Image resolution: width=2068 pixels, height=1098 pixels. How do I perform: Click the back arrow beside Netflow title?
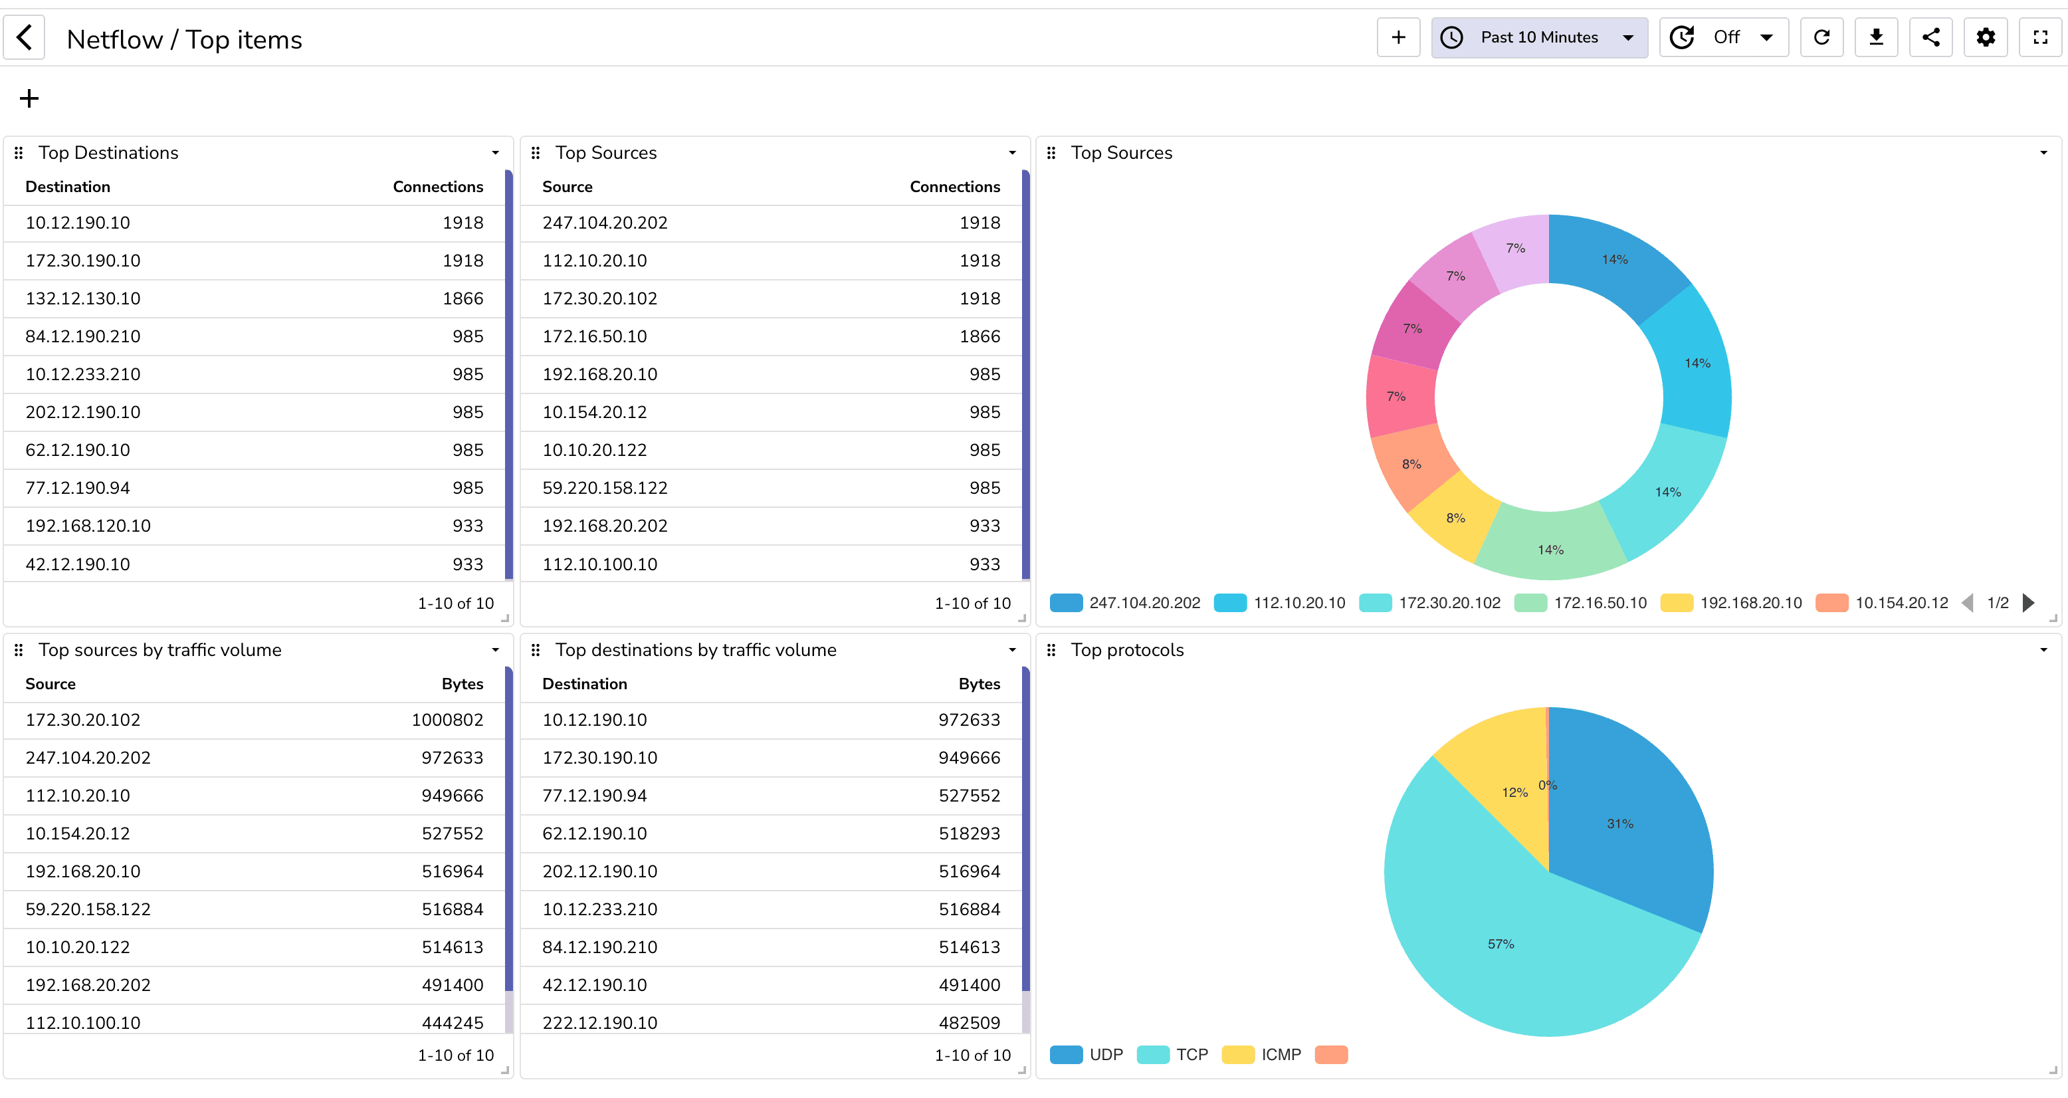(x=24, y=38)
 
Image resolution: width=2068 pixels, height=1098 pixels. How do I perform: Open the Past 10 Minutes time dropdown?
(x=1538, y=38)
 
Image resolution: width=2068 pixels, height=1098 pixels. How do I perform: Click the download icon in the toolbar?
(x=1875, y=38)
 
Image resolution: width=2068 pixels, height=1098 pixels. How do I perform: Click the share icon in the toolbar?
(x=1930, y=38)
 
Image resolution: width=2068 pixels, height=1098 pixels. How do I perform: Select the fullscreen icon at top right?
(x=2040, y=38)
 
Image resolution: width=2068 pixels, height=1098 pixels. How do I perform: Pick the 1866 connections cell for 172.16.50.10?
(x=980, y=336)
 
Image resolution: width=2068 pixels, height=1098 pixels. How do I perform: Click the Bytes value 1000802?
(x=447, y=720)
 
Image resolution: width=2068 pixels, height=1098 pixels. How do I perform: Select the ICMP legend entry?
(x=1281, y=1055)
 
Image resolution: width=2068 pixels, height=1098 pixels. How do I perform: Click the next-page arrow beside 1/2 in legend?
(x=2028, y=604)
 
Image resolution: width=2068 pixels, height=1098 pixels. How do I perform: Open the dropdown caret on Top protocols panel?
(x=2043, y=650)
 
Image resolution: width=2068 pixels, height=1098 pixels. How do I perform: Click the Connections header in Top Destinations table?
(x=437, y=187)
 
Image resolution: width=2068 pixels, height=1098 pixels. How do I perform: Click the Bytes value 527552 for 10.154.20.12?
(x=452, y=833)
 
